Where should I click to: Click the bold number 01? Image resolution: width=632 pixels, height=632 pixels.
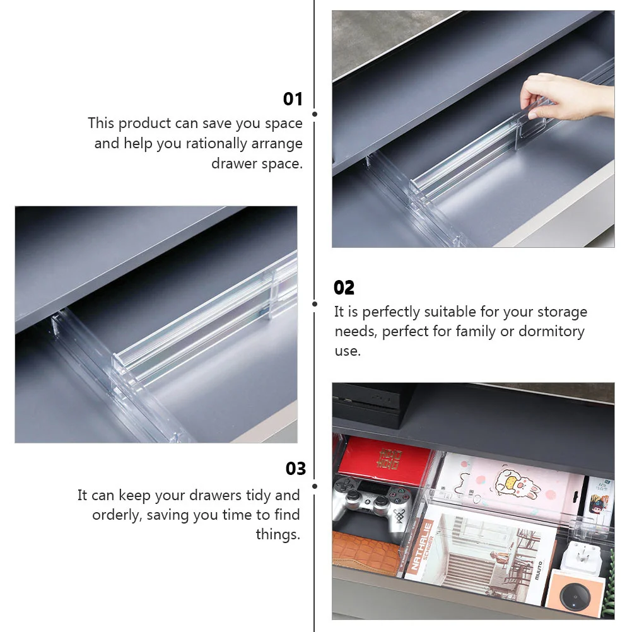(293, 99)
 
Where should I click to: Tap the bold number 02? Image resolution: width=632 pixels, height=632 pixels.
(344, 288)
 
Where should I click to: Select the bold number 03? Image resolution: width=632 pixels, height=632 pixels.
(295, 469)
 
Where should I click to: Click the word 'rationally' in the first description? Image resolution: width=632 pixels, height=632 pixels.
(215, 143)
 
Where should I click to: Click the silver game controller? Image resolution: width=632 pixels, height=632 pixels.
(372, 498)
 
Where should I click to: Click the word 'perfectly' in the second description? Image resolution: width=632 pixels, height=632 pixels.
(391, 312)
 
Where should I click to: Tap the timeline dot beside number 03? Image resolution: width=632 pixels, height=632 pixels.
(314, 486)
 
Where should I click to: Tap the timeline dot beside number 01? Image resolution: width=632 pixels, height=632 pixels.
(314, 114)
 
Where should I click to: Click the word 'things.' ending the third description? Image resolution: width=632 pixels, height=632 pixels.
(278, 534)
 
